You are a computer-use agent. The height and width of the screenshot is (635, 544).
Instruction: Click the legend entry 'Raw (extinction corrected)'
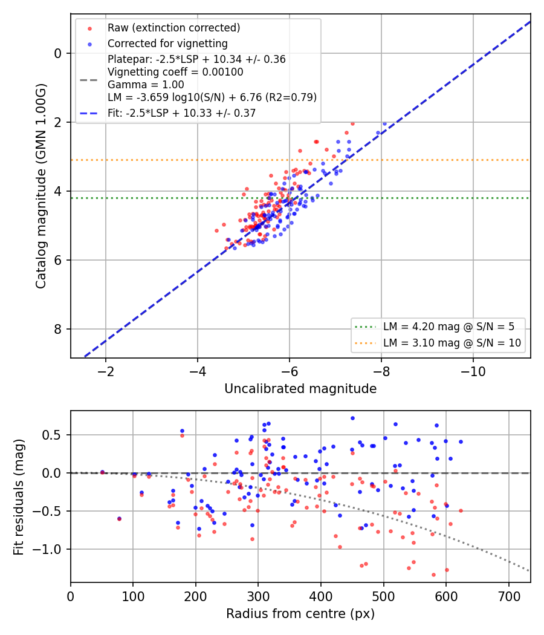[173, 28]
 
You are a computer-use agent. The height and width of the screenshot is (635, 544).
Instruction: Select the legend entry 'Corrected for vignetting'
[167, 44]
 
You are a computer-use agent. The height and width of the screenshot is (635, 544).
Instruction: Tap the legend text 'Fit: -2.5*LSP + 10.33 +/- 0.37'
[182, 113]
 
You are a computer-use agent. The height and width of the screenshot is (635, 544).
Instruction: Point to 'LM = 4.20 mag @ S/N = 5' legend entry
[449, 327]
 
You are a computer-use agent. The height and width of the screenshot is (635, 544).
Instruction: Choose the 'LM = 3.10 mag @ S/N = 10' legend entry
[452, 343]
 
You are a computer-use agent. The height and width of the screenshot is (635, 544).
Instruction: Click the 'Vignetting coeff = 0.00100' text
[175, 72]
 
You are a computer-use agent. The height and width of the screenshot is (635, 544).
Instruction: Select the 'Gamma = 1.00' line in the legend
[146, 85]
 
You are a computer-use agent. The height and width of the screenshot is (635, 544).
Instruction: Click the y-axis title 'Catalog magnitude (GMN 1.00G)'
[41, 186]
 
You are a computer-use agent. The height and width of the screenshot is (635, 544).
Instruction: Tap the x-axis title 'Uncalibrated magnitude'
[300, 389]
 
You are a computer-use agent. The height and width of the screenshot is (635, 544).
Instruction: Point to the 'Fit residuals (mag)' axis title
[19, 497]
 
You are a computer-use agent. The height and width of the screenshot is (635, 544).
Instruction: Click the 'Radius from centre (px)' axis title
[300, 614]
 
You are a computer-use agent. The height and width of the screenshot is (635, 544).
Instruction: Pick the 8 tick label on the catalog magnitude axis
[57, 329]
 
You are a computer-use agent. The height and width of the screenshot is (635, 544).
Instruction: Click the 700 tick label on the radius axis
[509, 596]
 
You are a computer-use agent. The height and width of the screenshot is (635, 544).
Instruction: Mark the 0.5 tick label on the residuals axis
[52, 435]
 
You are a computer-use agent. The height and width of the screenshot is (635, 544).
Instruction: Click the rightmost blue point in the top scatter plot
[384, 124]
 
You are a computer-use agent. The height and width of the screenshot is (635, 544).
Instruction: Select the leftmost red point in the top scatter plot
[216, 231]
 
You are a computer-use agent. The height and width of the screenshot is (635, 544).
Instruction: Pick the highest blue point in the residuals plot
[352, 418]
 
